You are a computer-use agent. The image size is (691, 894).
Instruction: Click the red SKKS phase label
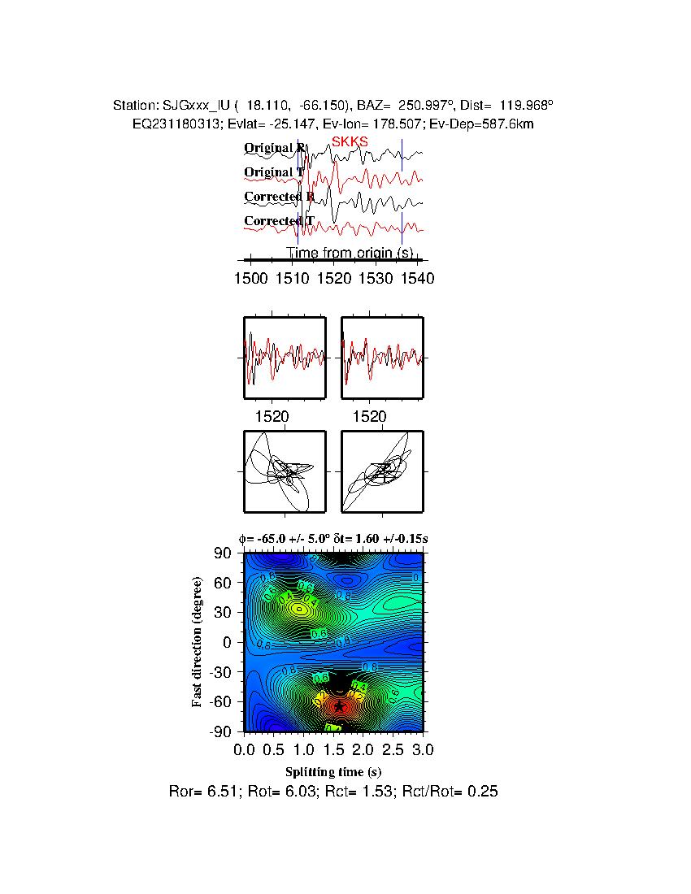pos(350,141)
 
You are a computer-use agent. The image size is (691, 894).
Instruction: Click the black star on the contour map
pos(340,707)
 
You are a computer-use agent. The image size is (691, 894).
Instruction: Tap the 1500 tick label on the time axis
pos(250,278)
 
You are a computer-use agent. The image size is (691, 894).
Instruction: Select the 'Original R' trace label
pos(275,148)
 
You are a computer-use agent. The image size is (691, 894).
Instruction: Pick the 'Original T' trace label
pos(274,172)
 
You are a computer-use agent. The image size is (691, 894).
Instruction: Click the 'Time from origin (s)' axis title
pos(350,254)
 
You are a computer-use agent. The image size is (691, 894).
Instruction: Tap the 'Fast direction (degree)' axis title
pos(198,642)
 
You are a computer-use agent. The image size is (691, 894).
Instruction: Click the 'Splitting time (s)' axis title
pos(333,771)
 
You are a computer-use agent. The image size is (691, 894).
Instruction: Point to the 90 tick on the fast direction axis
pos(224,553)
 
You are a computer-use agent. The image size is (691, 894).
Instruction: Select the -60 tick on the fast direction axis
pos(221,701)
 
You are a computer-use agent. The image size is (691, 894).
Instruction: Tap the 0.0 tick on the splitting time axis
pos(245,748)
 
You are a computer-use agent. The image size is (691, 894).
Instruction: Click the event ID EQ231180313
pos(174,124)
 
